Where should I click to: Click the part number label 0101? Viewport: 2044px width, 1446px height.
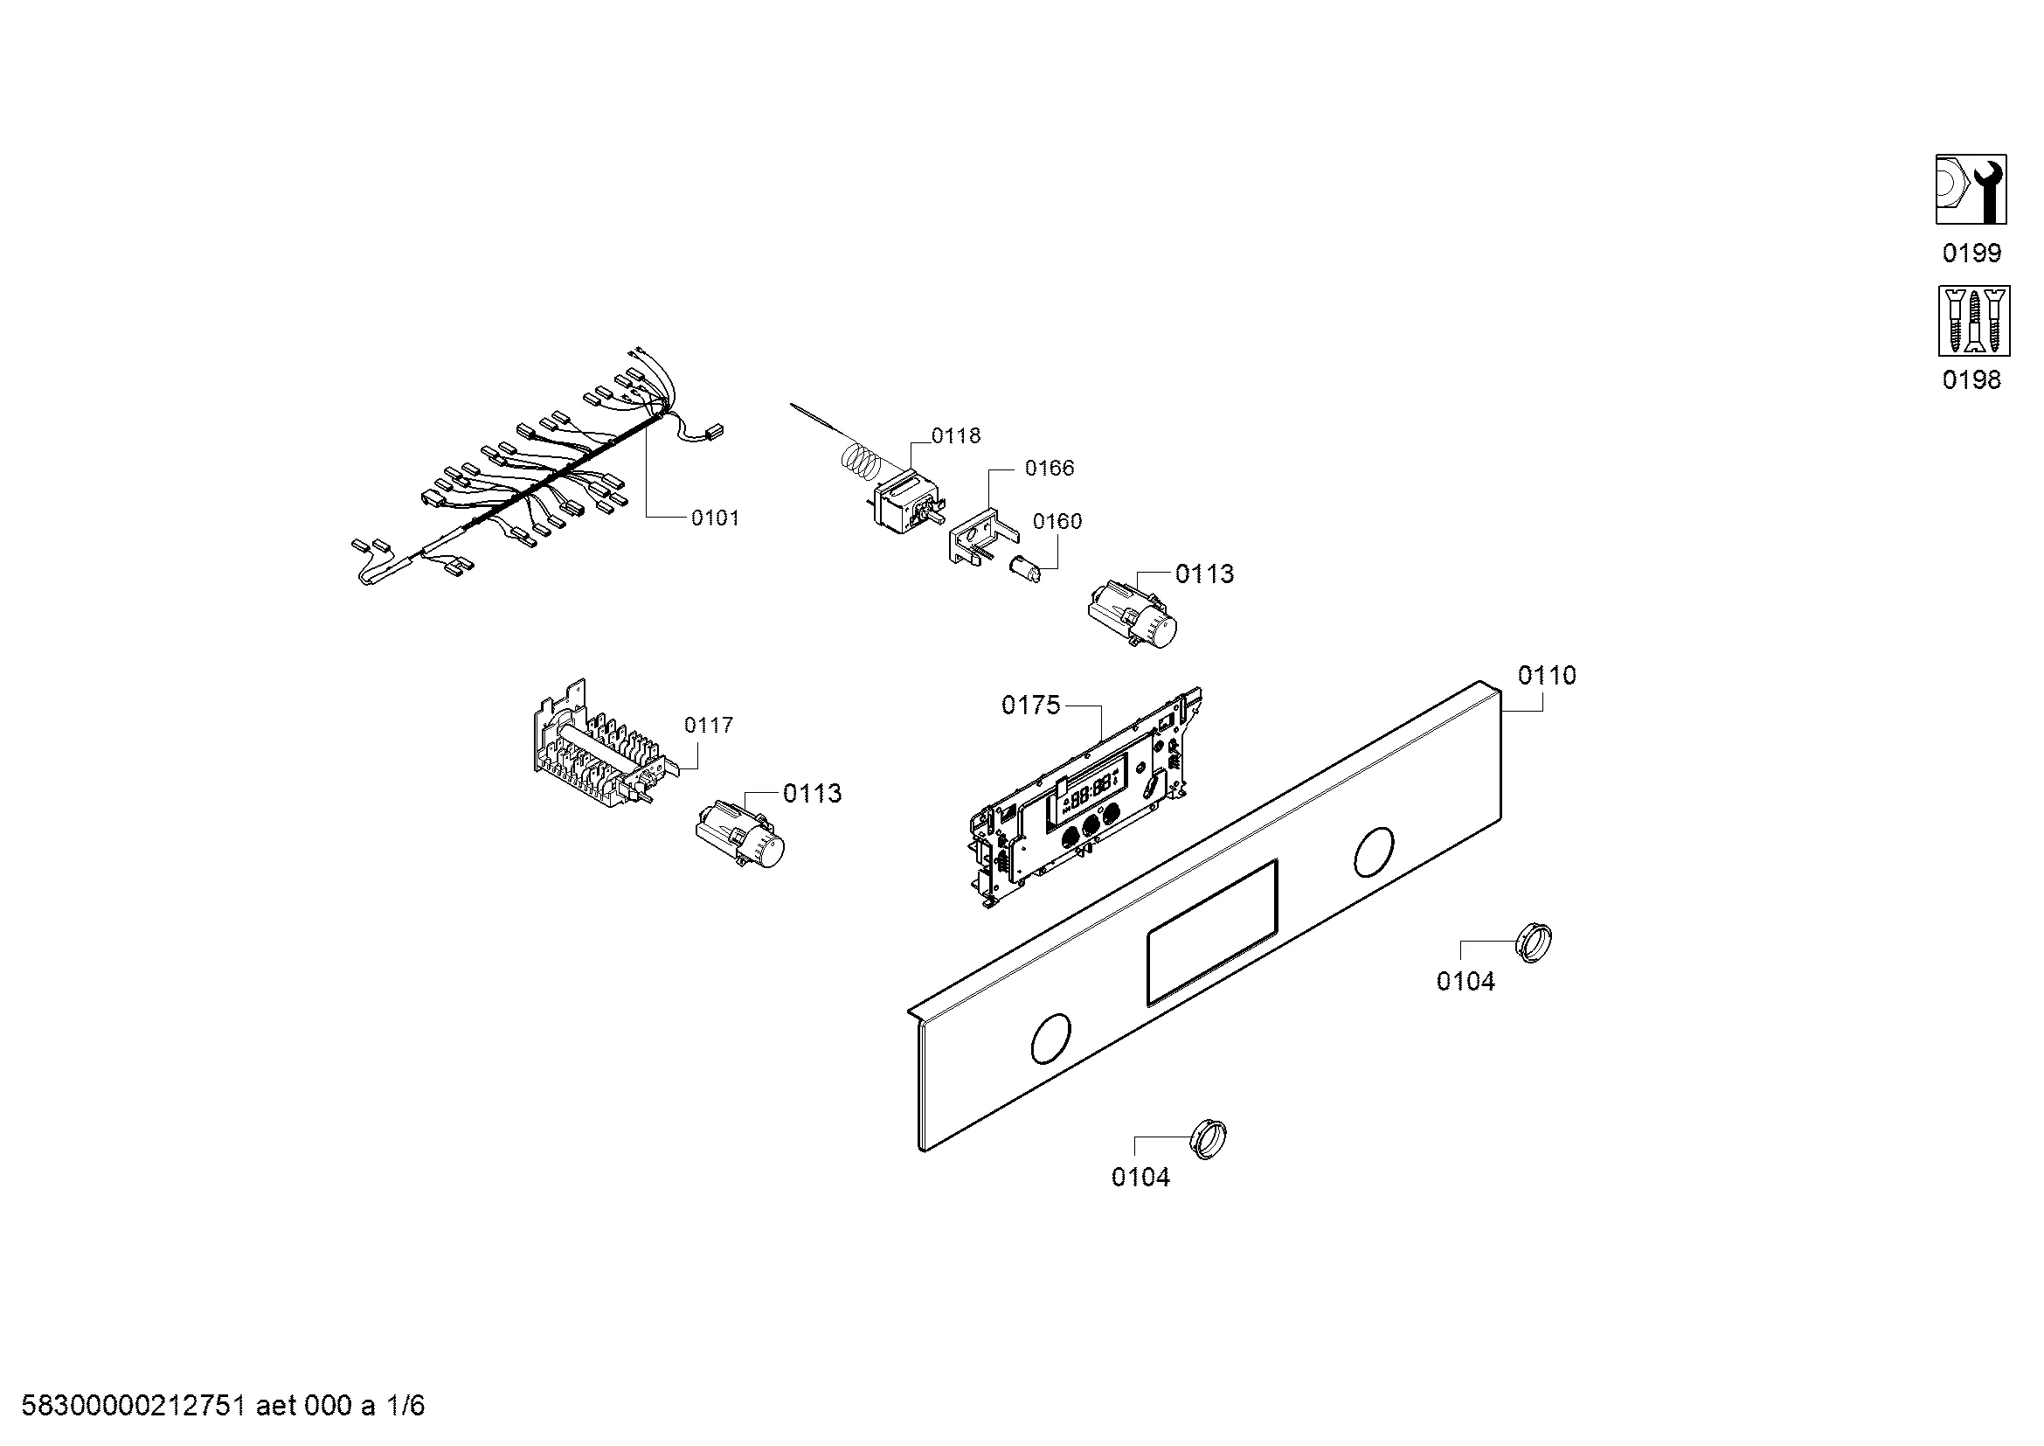715,518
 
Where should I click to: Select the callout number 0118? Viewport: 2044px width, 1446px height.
956,435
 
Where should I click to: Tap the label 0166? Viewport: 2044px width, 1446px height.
1050,469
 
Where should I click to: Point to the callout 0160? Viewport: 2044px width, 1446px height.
1057,521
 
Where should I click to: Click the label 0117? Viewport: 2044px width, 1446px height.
709,726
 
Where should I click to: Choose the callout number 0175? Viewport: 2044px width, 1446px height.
1031,706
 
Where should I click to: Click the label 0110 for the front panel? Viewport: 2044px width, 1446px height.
1548,676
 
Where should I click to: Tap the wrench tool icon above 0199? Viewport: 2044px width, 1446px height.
1971,190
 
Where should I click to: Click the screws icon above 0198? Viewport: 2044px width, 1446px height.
1974,321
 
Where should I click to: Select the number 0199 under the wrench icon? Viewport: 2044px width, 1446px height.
1971,254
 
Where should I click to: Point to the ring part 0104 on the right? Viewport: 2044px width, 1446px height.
1534,944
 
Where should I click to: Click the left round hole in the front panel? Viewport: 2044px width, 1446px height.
1050,1039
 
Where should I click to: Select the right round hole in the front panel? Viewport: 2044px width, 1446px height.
1374,852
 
